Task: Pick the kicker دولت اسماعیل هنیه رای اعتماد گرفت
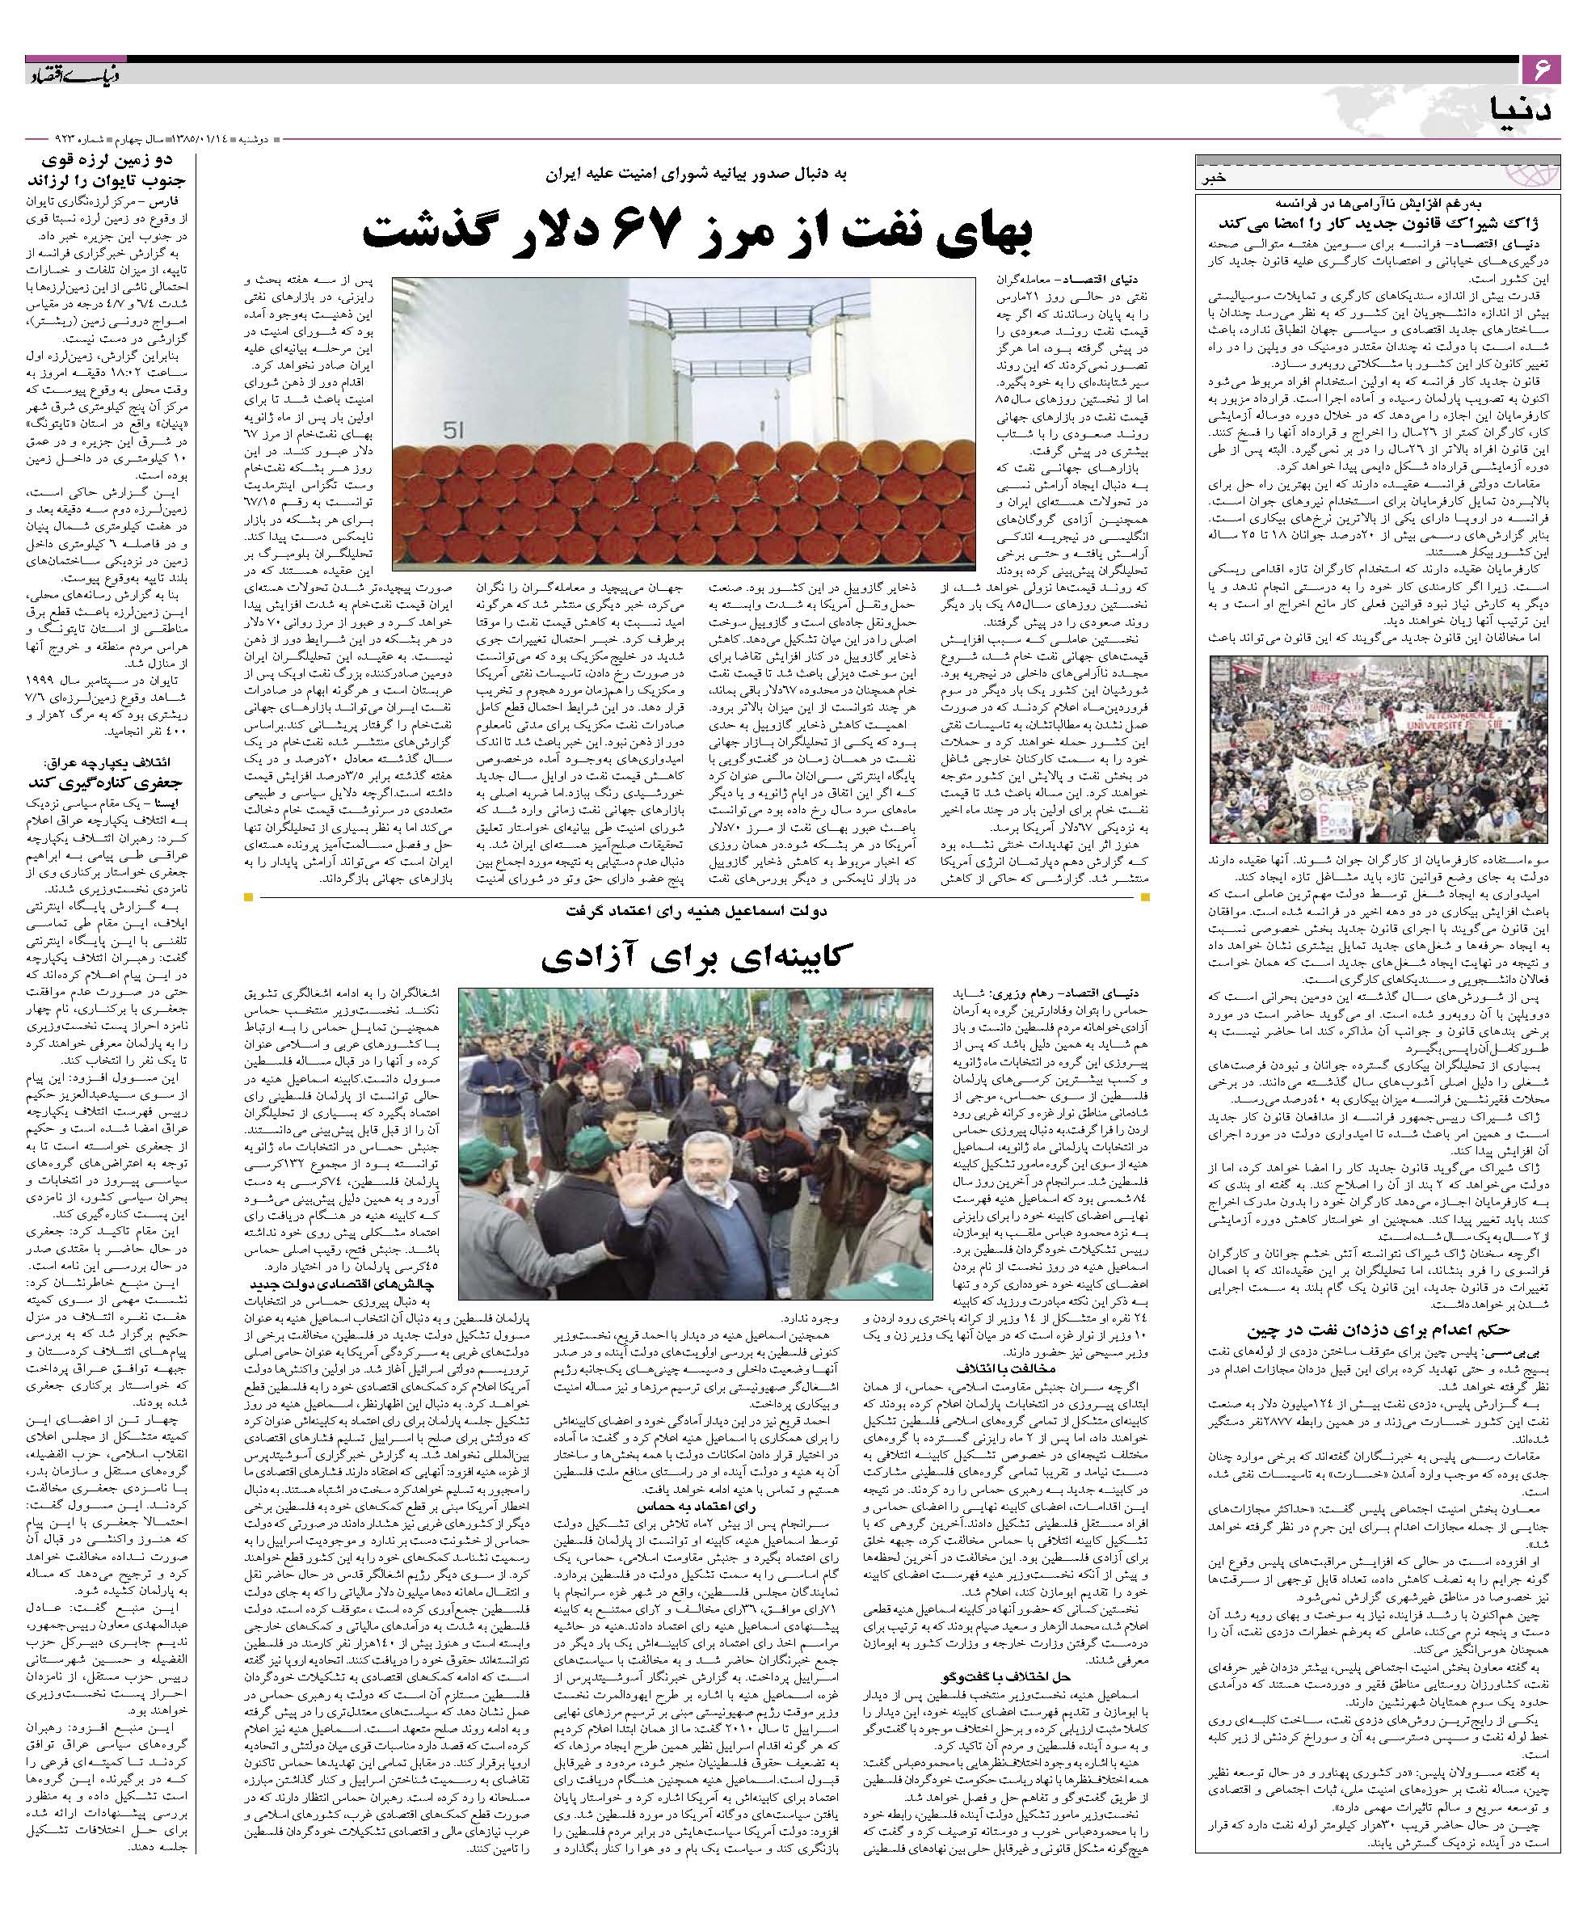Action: [x=697, y=909]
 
